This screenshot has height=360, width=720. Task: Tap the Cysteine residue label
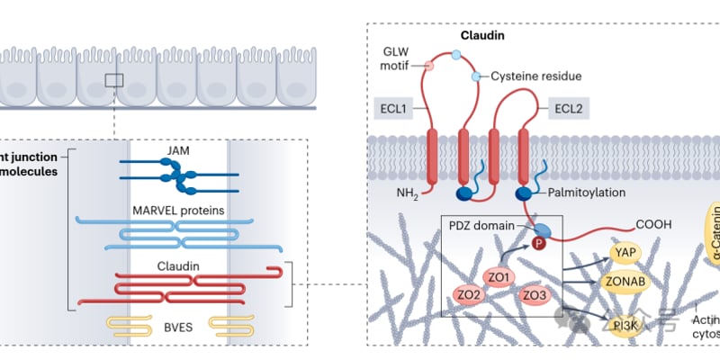pyautogui.click(x=535, y=77)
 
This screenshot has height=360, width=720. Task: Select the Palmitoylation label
pyautogui.click(x=590, y=193)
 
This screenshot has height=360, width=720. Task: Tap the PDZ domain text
pyautogui.click(x=484, y=225)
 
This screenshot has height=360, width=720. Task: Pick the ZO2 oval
pyautogui.click(x=468, y=269)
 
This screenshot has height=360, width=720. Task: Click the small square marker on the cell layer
pyautogui.click(x=113, y=80)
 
